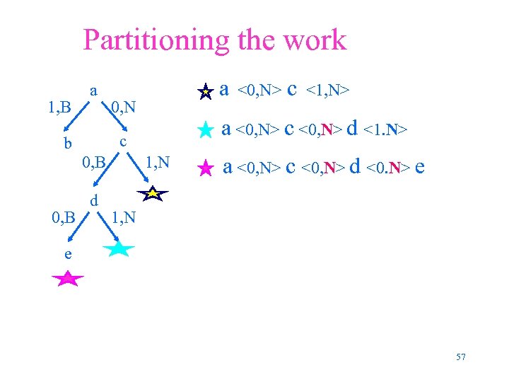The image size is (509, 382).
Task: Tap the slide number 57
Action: tap(461, 357)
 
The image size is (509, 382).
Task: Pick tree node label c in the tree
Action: tap(123, 141)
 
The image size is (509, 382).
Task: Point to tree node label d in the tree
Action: tap(93, 201)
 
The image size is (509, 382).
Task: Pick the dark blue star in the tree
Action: tap(154, 192)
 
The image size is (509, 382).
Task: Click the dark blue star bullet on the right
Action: tap(205, 91)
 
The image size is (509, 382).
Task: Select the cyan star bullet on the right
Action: tap(205, 129)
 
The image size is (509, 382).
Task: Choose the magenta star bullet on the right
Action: tap(205, 168)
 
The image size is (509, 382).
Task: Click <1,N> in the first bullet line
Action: tap(328, 91)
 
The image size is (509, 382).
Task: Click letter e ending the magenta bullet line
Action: tap(420, 168)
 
